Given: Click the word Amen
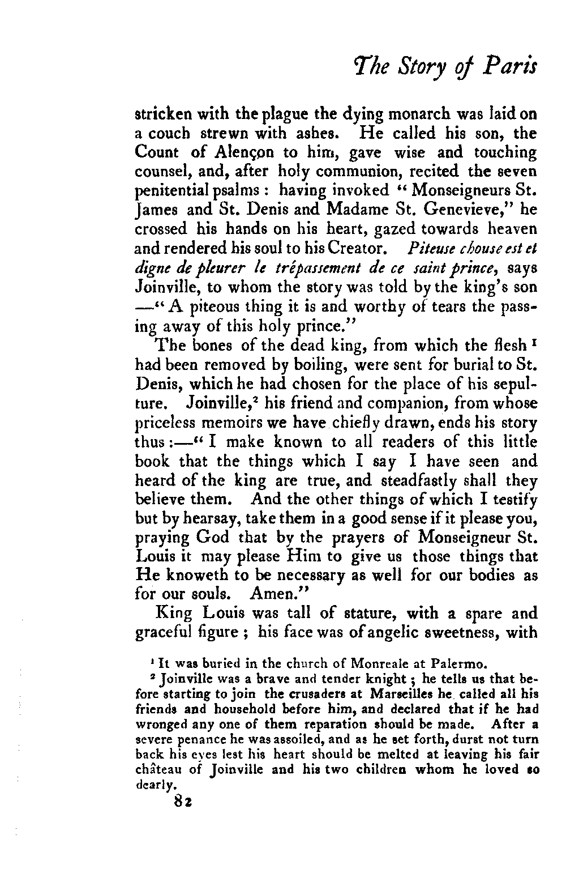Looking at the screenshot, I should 272,596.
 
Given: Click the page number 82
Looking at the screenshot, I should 185,799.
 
